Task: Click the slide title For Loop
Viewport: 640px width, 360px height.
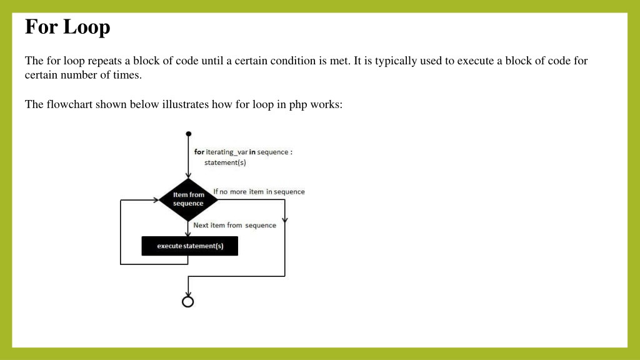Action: [x=67, y=27]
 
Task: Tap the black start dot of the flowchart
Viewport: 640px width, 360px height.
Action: [x=189, y=134]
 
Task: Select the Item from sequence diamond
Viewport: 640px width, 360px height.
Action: [x=188, y=199]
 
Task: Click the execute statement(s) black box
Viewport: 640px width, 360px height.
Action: [x=190, y=246]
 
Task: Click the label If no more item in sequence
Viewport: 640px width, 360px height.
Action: [x=259, y=191]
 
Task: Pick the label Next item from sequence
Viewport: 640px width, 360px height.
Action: [x=235, y=225]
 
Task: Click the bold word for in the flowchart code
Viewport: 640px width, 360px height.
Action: [x=199, y=152]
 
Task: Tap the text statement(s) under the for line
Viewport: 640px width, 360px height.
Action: [x=225, y=162]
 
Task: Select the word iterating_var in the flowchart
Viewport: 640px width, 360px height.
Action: [x=226, y=152]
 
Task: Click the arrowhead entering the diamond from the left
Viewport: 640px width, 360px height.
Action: [x=156, y=200]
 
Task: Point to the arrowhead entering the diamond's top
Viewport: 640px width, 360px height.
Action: [x=188, y=175]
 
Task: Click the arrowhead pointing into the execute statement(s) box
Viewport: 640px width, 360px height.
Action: [x=187, y=234]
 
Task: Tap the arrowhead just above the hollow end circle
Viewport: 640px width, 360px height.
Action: [x=187, y=294]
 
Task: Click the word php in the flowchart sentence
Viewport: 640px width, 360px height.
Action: [x=298, y=105]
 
